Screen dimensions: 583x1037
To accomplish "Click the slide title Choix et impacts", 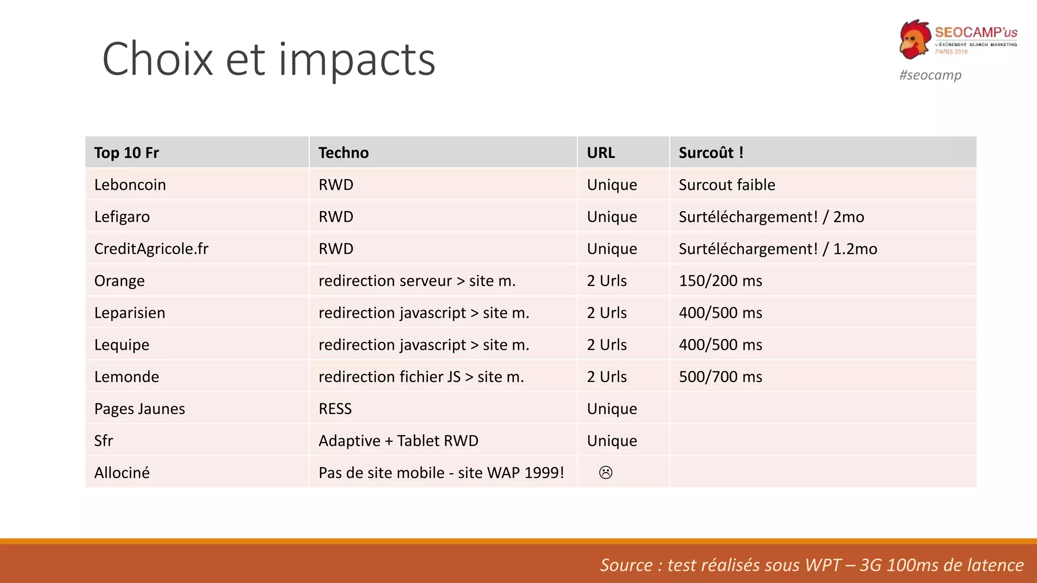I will tap(268, 59).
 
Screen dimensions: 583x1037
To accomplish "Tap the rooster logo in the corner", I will tap(915, 39).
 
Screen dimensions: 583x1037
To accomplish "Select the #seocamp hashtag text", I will tap(930, 75).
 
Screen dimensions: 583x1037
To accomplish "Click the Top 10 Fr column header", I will tap(127, 152).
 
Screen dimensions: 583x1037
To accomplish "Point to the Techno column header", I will tap(343, 152).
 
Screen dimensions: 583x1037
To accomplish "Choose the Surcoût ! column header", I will tap(711, 152).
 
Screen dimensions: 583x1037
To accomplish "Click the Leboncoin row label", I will tap(130, 185).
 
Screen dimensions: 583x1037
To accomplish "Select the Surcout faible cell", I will tap(727, 185).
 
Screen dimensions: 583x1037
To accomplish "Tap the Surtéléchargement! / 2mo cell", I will tap(771, 217).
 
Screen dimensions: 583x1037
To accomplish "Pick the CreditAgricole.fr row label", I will tap(151, 248).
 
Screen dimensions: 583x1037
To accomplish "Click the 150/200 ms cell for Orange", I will tap(720, 281).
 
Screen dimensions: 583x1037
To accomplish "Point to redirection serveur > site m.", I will tap(417, 281).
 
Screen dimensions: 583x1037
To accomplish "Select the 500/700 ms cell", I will tap(720, 377).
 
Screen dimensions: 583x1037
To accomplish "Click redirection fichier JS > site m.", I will tap(421, 377).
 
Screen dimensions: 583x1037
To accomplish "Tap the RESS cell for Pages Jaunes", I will tap(335, 408).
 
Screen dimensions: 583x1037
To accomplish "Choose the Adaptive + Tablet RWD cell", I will tap(398, 441).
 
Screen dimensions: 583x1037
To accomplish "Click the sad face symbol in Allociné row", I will tap(606, 473).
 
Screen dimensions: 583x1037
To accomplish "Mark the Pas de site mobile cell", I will tap(441, 473).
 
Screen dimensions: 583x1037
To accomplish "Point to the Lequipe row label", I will tap(122, 345).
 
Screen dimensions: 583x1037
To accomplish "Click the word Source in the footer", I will tap(626, 565).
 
